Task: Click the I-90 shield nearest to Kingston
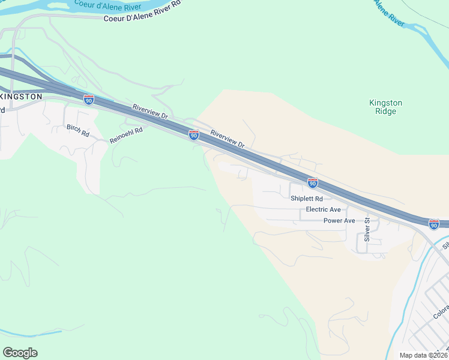(x=89, y=100)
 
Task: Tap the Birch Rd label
(x=77, y=131)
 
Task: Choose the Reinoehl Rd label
(x=126, y=134)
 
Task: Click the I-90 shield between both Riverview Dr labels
(x=193, y=136)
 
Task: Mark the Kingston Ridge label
(x=385, y=107)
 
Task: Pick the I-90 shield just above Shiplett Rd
(x=312, y=182)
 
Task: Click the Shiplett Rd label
(x=306, y=199)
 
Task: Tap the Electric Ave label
(x=323, y=209)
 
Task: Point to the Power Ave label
(x=339, y=221)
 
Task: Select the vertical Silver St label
(x=366, y=230)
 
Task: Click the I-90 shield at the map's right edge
(x=433, y=224)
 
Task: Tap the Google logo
(x=20, y=353)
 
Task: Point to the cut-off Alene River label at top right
(x=390, y=12)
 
